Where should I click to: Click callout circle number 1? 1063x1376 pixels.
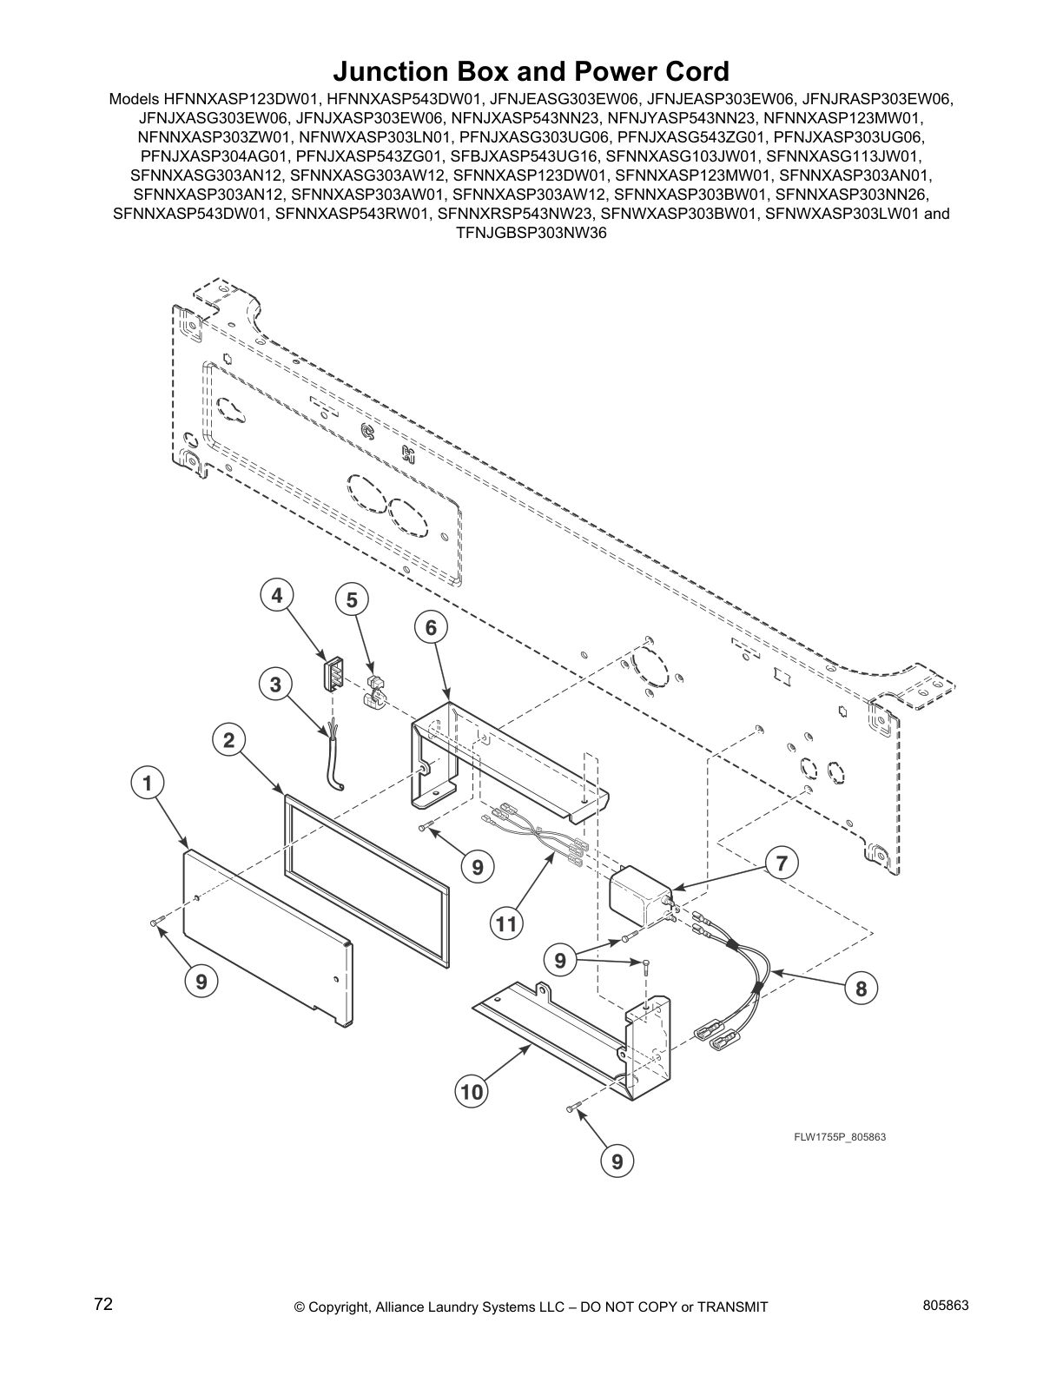click(149, 783)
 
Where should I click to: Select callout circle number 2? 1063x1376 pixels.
click(228, 740)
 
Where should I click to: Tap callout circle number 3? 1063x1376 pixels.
click(275, 685)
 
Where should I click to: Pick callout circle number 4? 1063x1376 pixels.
click(277, 595)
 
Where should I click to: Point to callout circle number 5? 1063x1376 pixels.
click(352, 599)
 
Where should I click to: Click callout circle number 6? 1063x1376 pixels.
click(432, 627)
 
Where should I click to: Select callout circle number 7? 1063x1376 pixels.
click(782, 863)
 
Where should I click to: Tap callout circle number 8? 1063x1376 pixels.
click(861, 989)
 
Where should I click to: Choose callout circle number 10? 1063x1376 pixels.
click(472, 1091)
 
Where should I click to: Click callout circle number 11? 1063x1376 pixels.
click(506, 925)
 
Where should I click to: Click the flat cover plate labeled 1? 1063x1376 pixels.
click(261, 943)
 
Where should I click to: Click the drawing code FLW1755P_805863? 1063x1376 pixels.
click(838, 1137)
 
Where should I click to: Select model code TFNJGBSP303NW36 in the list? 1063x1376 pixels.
click(531, 232)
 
